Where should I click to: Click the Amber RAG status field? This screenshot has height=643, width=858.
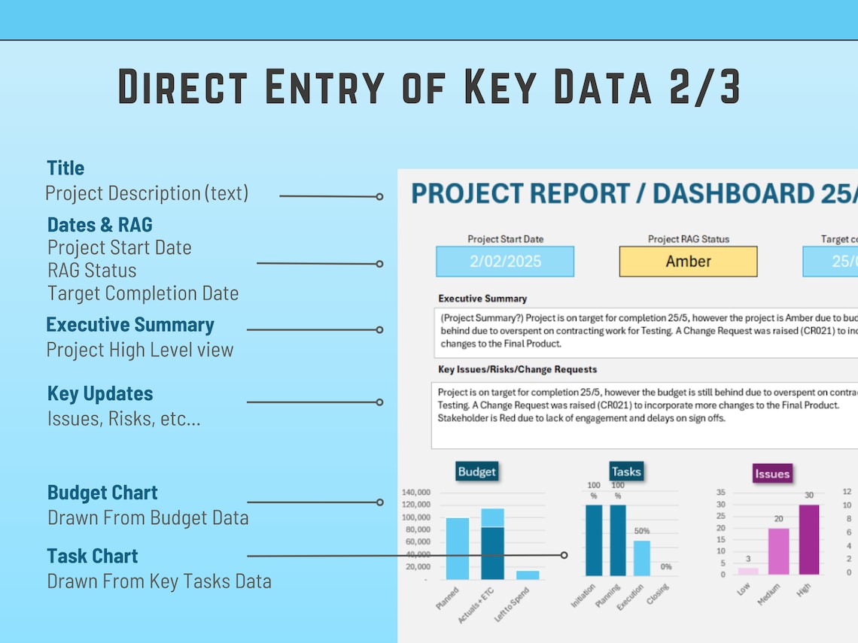pyautogui.click(x=688, y=262)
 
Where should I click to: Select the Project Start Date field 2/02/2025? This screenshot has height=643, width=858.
pyautogui.click(x=505, y=262)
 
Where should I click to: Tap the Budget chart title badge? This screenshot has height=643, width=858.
pyautogui.click(x=476, y=472)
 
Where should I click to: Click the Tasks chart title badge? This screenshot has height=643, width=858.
pyautogui.click(x=625, y=472)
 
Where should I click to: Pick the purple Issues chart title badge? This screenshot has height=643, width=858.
pyautogui.click(x=772, y=473)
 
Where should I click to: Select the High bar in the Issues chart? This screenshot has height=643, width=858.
pyautogui.click(x=809, y=539)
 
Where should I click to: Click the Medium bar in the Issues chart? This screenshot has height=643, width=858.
pyautogui.click(x=779, y=551)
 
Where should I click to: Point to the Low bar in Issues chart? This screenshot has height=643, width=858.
pyautogui.click(x=748, y=571)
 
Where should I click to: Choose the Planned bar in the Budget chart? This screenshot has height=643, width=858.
pyautogui.click(x=457, y=548)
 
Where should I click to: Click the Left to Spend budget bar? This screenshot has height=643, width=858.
pyautogui.click(x=528, y=575)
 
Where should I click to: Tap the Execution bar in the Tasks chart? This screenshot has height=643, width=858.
pyautogui.click(x=641, y=558)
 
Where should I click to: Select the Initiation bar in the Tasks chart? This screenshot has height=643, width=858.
pyautogui.click(x=594, y=539)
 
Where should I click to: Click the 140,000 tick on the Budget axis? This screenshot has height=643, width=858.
pyautogui.click(x=416, y=493)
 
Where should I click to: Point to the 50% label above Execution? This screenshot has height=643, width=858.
pyautogui.click(x=641, y=531)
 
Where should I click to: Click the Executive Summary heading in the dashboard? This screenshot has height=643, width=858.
pyautogui.click(x=482, y=299)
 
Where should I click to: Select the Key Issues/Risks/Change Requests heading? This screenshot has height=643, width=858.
pyautogui.click(x=517, y=369)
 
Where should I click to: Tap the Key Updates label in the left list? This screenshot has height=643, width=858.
pyautogui.click(x=100, y=393)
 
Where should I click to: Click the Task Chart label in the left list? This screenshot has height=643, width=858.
pyautogui.click(x=93, y=556)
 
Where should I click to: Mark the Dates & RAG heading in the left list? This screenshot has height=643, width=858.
pyautogui.click(x=99, y=224)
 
